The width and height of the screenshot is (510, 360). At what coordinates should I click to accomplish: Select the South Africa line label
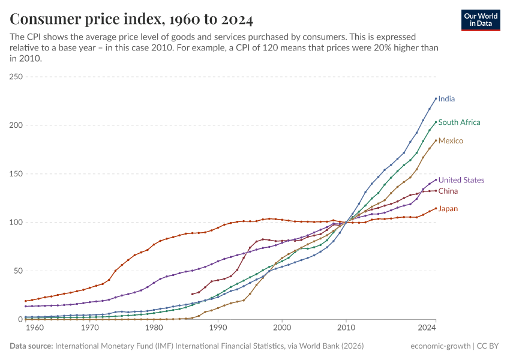(x=459, y=122)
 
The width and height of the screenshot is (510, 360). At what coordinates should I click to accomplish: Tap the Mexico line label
(x=451, y=141)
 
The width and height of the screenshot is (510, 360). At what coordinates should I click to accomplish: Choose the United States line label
(x=461, y=180)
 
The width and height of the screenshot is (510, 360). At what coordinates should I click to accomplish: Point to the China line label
(x=448, y=191)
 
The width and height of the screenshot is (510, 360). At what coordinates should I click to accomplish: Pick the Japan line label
(x=448, y=209)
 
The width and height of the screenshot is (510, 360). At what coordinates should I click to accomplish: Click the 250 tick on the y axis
(x=16, y=77)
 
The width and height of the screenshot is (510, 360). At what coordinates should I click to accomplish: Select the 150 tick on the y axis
(x=16, y=174)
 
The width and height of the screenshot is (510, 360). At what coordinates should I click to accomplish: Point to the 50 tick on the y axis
(x=18, y=271)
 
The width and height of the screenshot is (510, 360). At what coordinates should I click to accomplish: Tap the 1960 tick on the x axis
(x=35, y=328)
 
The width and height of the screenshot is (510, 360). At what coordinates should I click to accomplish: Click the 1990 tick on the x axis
(x=218, y=328)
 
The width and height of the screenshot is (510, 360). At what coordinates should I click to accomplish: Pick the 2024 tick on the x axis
(x=427, y=328)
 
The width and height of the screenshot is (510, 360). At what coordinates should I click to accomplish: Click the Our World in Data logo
(x=481, y=20)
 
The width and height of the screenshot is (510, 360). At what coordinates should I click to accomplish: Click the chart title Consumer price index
(x=131, y=20)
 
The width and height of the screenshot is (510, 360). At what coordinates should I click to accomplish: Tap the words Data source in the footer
(x=31, y=346)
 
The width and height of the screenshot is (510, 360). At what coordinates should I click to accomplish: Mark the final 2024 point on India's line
(x=436, y=98)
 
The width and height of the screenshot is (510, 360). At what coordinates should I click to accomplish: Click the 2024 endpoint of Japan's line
(x=436, y=209)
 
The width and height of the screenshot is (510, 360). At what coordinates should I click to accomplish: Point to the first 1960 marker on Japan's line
(x=26, y=301)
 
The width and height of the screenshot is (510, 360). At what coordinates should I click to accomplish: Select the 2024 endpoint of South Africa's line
(x=436, y=122)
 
